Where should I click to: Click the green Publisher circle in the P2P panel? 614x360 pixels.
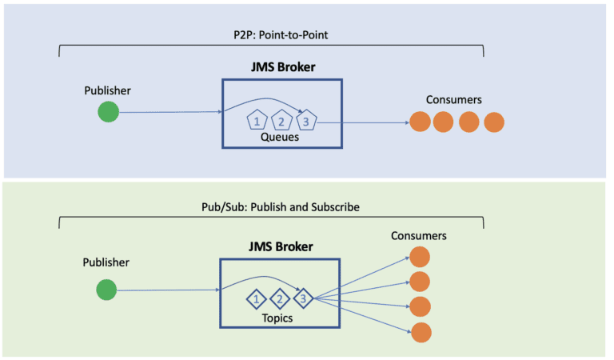pos(108,113)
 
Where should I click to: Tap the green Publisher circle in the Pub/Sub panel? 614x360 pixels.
pos(106,290)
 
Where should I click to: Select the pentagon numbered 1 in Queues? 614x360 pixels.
pos(257,122)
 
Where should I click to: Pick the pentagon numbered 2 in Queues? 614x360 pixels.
pos(281,122)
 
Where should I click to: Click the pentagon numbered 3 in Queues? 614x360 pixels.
pos(305,122)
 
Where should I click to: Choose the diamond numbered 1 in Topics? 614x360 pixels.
pos(255,300)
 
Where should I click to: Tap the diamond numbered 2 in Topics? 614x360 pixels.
pos(279,300)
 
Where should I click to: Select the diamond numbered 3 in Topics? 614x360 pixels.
pos(303,300)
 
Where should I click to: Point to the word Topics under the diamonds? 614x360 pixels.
pos(277,318)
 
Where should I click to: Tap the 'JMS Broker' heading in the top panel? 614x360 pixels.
pos(281,67)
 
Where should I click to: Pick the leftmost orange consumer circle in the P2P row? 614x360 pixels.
pos(421,122)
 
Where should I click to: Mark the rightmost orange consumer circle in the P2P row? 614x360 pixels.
pos(494,122)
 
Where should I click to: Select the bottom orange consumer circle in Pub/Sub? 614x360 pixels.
pos(421,332)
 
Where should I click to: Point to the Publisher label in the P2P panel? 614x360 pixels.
pos(107,90)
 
